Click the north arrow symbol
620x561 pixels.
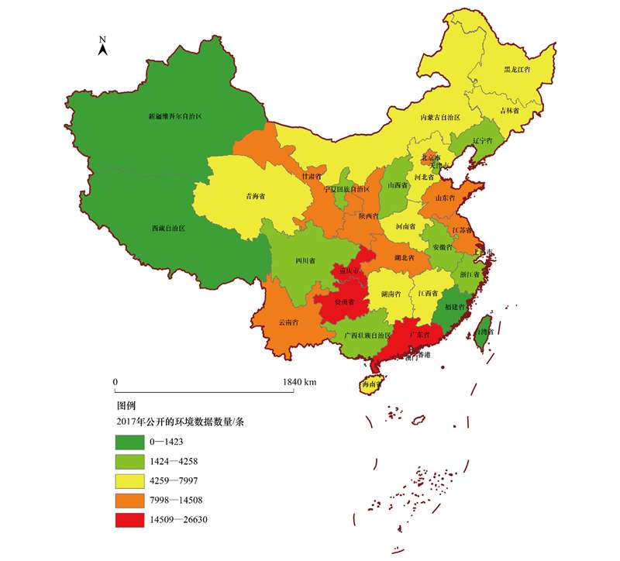pos(102,47)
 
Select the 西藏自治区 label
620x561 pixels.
pos(168,229)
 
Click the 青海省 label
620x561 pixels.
pos(256,196)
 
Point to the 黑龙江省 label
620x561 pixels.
pos(517,70)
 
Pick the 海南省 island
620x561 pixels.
pos(372,384)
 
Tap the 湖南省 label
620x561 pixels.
pos(390,295)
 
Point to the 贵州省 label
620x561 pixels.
pos(343,303)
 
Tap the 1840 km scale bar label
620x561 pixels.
pos(299,382)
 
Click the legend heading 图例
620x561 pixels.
pos(126,405)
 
